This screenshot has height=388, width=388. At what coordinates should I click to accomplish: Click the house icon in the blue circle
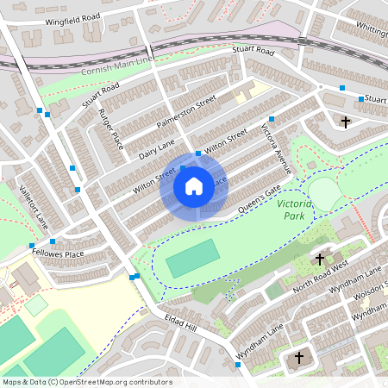pyautogui.click(x=194, y=185)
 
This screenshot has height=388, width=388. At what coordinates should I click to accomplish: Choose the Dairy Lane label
pyautogui.click(x=156, y=148)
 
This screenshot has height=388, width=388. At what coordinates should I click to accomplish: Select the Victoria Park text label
pyautogui.click(x=293, y=209)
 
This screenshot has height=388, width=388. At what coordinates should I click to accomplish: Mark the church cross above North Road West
pyautogui.click(x=319, y=259)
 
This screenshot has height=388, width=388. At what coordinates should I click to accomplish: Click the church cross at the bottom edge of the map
pyautogui.click(x=300, y=357)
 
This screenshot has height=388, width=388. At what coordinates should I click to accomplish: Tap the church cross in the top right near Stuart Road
pyautogui.click(x=346, y=122)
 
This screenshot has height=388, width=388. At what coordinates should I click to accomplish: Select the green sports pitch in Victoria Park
pyautogui.click(x=192, y=259)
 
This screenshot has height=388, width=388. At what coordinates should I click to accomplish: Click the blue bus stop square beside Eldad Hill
pyautogui.click(x=135, y=277)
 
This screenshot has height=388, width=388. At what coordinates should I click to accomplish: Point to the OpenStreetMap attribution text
pyautogui.click(x=86, y=382)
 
